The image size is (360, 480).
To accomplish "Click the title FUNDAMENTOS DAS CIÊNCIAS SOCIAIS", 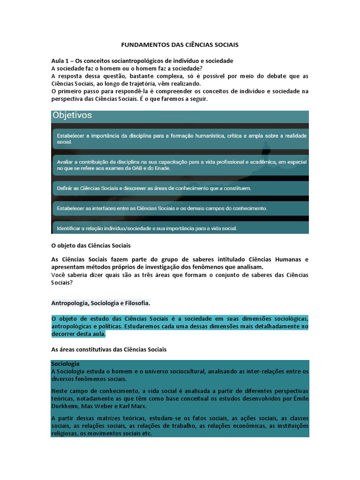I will click(x=180, y=45).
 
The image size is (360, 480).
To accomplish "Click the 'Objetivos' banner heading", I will click(x=72, y=115).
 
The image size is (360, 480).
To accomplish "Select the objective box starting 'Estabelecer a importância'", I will click(x=180, y=138).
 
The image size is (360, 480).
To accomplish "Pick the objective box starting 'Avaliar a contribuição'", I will click(x=180, y=165).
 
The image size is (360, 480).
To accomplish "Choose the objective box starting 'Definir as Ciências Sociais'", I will click(x=180, y=188).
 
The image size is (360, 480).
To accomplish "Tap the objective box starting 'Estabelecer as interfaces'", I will click(x=180, y=208).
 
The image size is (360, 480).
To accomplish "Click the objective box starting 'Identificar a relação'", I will click(x=180, y=228).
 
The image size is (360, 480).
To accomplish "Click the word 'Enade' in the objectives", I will click(x=162, y=168).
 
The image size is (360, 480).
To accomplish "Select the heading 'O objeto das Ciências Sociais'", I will click(x=90, y=245).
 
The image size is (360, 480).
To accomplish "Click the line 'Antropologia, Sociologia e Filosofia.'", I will click(x=100, y=303).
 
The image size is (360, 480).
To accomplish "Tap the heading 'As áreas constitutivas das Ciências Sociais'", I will click(x=108, y=350).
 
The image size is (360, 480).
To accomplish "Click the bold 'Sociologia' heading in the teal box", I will click(x=65, y=364).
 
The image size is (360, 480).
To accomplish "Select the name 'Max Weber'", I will click(x=95, y=406).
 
